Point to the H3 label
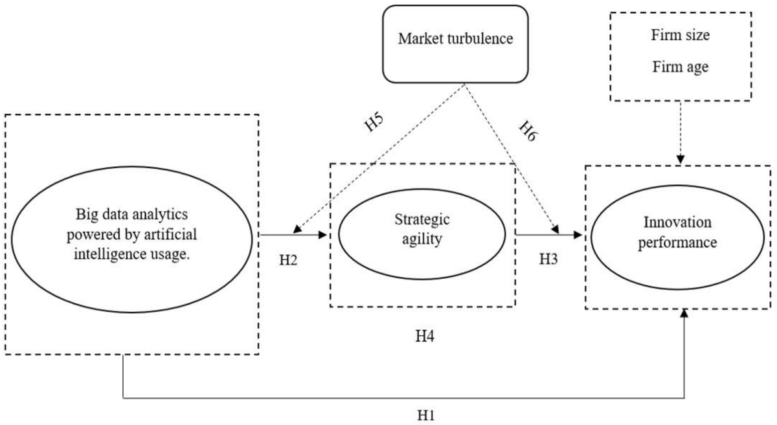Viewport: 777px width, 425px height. click(x=550, y=258)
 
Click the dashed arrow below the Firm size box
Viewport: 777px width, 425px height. click(x=681, y=133)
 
